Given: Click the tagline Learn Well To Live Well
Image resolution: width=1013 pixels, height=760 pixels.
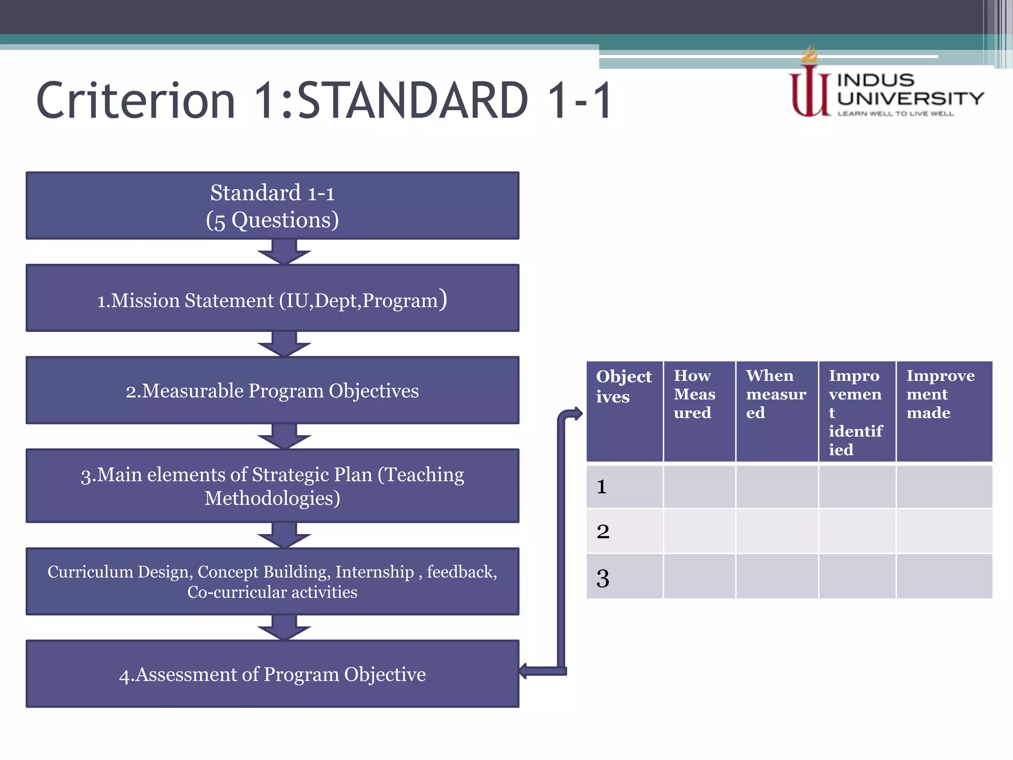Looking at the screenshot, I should point(895,114).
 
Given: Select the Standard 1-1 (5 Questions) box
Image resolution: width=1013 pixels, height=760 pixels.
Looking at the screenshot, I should point(273,206).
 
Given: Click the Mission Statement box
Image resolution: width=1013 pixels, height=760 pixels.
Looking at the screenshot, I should point(273,298).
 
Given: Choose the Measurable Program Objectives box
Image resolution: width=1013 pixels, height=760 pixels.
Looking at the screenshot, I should point(273,391).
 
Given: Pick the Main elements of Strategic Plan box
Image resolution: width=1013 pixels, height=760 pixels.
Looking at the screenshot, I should point(273,486).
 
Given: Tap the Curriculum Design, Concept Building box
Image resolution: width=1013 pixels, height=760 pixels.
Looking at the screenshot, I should point(273,581).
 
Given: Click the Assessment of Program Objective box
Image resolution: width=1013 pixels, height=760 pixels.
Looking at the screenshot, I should point(273,674).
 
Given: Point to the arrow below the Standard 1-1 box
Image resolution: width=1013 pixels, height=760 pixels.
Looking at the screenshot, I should point(284,252).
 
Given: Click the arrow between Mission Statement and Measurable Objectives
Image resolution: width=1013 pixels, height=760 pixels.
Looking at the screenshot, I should point(284,344).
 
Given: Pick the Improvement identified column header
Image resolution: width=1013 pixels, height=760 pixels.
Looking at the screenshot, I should point(857,412).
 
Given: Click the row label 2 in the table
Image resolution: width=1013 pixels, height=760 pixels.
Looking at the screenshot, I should point(603,531).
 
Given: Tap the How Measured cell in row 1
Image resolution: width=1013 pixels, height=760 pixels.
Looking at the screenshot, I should point(699,487).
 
